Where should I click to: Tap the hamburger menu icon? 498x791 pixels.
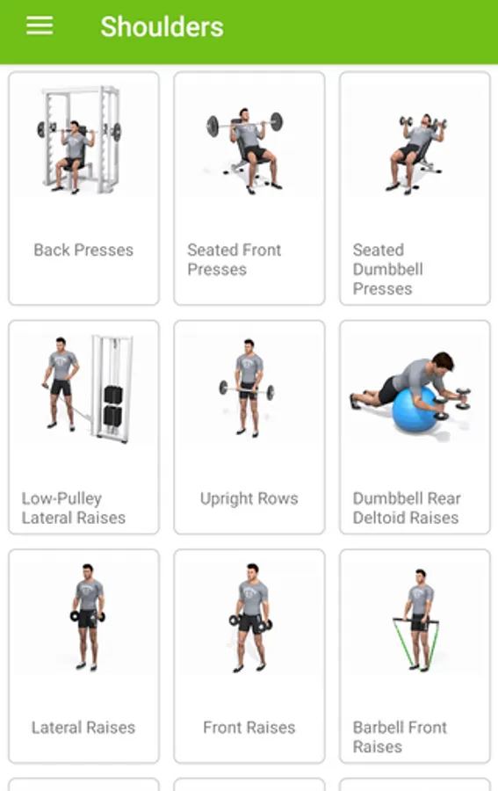(40, 25)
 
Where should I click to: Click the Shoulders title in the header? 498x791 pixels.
(162, 26)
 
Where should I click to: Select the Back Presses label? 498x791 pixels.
(83, 250)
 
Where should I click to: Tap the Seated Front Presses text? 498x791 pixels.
(235, 259)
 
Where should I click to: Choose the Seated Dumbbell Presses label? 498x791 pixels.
(387, 269)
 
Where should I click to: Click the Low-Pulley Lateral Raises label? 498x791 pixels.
(74, 508)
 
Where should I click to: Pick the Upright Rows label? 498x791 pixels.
(249, 498)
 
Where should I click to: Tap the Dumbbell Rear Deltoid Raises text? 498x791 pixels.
(407, 508)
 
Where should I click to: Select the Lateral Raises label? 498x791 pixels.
(83, 728)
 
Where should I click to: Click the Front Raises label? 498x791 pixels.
(249, 728)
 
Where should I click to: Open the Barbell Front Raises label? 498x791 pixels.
(400, 737)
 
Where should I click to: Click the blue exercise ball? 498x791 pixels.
(415, 410)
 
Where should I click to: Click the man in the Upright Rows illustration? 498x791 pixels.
(249, 388)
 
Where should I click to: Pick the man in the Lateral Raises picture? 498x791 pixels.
(88, 617)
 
